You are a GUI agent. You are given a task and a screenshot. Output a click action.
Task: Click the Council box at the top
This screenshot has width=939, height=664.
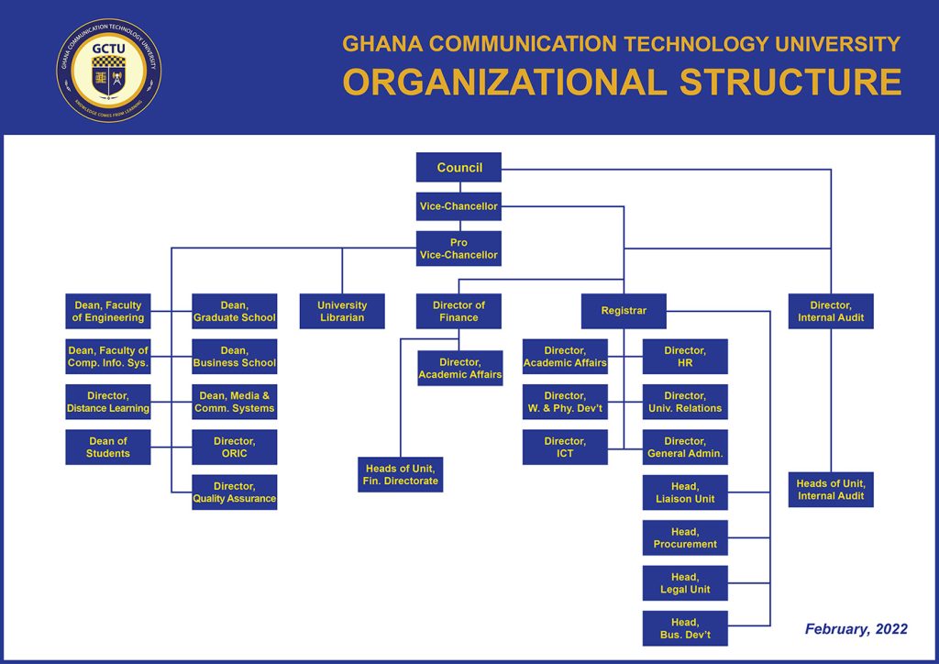pos(458,168)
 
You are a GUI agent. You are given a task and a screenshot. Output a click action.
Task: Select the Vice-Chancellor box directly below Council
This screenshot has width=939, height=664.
pos(458,206)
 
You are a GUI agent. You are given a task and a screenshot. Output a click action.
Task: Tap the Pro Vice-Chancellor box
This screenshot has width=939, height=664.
pos(458,249)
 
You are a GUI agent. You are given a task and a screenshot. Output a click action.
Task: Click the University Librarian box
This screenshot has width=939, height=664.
pos(342,311)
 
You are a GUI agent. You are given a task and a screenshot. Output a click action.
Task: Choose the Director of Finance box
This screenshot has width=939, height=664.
pos(458,311)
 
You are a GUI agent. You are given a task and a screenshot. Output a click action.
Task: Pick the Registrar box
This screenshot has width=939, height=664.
pos(624,311)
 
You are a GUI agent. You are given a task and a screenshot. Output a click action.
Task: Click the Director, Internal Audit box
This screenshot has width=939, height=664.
pos(831,311)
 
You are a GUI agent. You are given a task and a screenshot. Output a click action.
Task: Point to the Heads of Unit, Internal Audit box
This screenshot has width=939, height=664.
pos(831,490)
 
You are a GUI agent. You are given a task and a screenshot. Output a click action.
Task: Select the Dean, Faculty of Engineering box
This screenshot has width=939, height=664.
pos(108,311)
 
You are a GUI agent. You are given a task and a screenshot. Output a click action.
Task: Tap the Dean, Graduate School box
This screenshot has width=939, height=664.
pos(235,311)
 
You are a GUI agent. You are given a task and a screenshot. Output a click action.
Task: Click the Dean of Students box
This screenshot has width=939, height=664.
pos(108,447)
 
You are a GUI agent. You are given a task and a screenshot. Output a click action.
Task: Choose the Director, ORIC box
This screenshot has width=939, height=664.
pos(235,447)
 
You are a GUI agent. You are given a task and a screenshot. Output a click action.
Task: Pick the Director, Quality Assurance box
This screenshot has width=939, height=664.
pos(235,492)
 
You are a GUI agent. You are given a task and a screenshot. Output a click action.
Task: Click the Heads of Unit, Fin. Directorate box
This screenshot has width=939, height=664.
pos(401,474)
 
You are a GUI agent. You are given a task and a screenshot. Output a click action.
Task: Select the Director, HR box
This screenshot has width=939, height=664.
pos(685,357)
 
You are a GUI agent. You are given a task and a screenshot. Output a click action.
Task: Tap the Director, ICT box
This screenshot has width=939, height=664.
pos(565,447)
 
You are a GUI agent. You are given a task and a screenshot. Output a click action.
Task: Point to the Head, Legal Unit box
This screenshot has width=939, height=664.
pos(685,583)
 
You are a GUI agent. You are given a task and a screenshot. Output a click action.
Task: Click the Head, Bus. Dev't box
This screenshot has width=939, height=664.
pos(685,628)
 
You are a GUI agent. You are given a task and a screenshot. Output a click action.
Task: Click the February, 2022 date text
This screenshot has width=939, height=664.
pos(856,629)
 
